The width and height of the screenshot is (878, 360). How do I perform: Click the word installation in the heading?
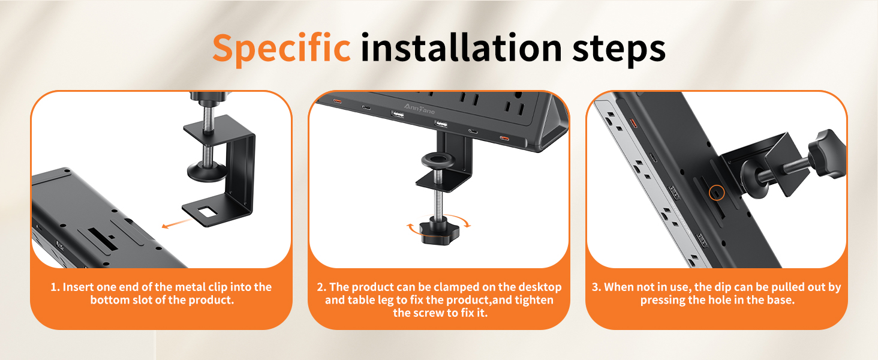coord(461,47)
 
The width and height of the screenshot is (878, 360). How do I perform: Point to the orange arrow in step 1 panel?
coord(177,224)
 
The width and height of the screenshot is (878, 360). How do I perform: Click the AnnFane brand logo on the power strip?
coord(419,109)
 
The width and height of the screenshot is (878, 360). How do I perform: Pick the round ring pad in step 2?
coord(437,160)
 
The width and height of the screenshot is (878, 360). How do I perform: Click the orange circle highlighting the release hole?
coord(717,193)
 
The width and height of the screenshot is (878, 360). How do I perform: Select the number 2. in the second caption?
coord(321,287)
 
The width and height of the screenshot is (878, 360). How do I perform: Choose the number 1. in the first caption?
coord(55,287)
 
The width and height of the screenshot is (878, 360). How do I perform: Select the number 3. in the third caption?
coord(596,287)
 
